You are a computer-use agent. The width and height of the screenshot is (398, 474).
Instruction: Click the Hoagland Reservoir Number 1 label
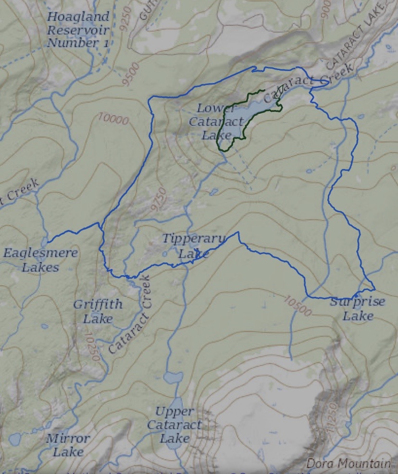coord(78,30)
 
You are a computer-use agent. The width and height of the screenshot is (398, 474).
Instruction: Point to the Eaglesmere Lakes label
coord(40,260)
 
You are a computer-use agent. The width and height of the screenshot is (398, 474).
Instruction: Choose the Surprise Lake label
coord(358,309)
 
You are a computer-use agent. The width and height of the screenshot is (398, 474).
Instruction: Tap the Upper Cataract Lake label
coord(174,425)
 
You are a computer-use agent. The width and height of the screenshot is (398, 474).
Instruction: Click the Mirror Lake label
coord(68,445)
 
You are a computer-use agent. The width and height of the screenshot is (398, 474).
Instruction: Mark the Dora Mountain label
coord(348,464)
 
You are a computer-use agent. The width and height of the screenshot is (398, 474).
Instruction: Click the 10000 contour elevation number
coord(113,118)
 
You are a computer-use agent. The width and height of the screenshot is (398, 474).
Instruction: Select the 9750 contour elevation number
coord(159,199)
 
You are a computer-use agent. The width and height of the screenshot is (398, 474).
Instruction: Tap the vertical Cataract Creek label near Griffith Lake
coord(130,315)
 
